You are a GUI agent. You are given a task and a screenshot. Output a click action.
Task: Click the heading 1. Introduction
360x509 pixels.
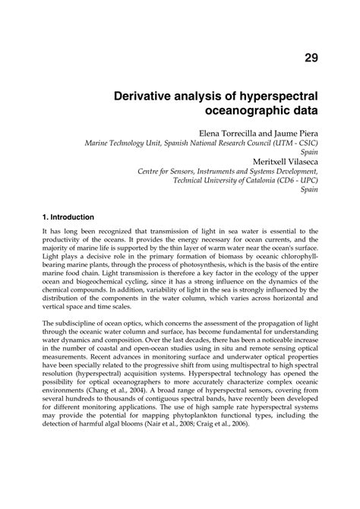click(68, 217)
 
